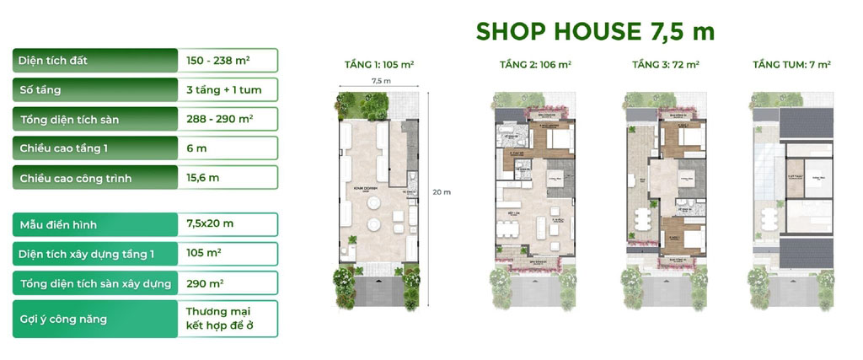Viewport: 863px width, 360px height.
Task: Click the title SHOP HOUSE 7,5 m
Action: pyautogui.click(x=595, y=32)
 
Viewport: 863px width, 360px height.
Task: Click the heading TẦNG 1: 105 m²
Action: pyautogui.click(x=379, y=64)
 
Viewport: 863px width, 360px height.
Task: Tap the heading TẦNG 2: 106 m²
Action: pyautogui.click(x=537, y=64)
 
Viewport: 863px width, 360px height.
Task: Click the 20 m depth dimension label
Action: pyautogui.click(x=442, y=192)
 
